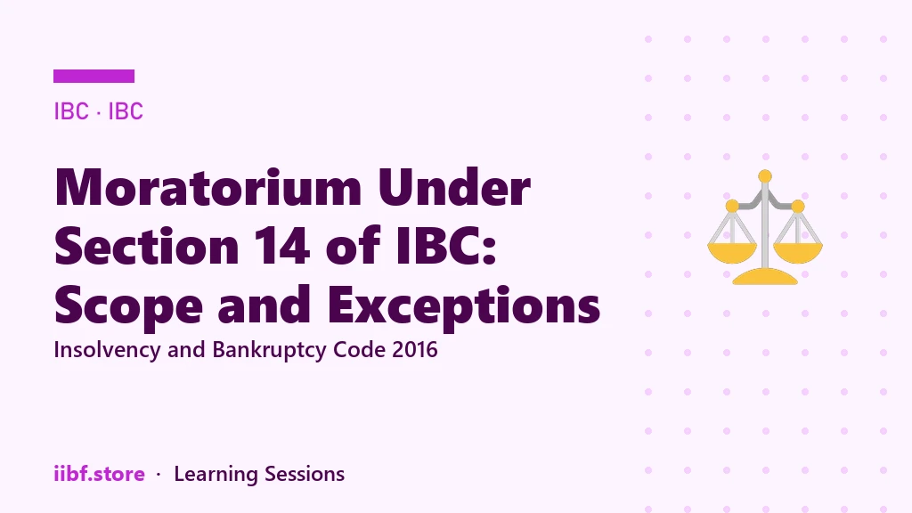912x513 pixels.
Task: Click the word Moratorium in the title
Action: click(x=208, y=187)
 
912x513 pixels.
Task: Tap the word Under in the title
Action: click(x=454, y=187)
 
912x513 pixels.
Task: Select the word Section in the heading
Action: click(x=147, y=246)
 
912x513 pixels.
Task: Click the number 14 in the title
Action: click(x=282, y=246)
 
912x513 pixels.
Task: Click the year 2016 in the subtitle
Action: click(x=415, y=349)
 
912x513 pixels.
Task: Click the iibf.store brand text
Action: click(x=100, y=474)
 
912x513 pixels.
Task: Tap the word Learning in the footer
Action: click(x=216, y=475)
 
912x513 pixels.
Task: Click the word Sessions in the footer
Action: click(x=305, y=474)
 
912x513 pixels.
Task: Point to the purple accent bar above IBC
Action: click(x=94, y=77)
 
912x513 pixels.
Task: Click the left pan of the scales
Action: click(x=732, y=252)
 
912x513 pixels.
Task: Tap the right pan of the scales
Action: click(x=798, y=252)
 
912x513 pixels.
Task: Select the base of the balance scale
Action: click(x=765, y=277)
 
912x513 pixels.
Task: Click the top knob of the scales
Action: click(x=765, y=176)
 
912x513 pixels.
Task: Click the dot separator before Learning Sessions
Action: click(x=159, y=475)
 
